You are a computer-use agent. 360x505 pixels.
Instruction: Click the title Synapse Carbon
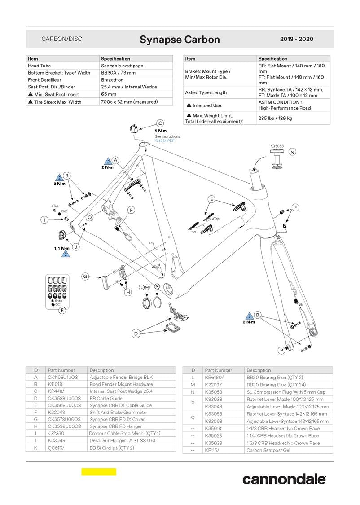[x=180, y=40]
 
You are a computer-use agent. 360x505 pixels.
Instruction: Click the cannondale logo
[x=284, y=479]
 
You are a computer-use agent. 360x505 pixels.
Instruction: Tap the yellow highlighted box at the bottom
[x=99, y=472]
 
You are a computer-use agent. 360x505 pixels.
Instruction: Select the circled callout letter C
[x=160, y=123]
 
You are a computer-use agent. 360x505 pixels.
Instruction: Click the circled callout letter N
[x=293, y=152]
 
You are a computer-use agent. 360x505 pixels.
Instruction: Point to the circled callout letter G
[x=85, y=277]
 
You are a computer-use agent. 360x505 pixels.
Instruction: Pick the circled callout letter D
[x=136, y=334]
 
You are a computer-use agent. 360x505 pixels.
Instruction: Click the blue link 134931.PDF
[x=165, y=141]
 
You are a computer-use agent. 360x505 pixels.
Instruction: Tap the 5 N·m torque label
[x=161, y=131]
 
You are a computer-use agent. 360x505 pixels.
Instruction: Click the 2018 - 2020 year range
[x=296, y=39]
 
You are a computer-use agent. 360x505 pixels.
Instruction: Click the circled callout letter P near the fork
[x=281, y=350]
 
